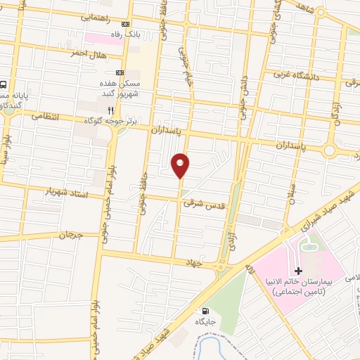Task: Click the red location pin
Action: pos(181,165)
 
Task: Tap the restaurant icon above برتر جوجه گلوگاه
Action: pos(110,110)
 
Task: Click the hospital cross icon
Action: pos(298,271)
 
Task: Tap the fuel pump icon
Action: pos(205,310)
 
